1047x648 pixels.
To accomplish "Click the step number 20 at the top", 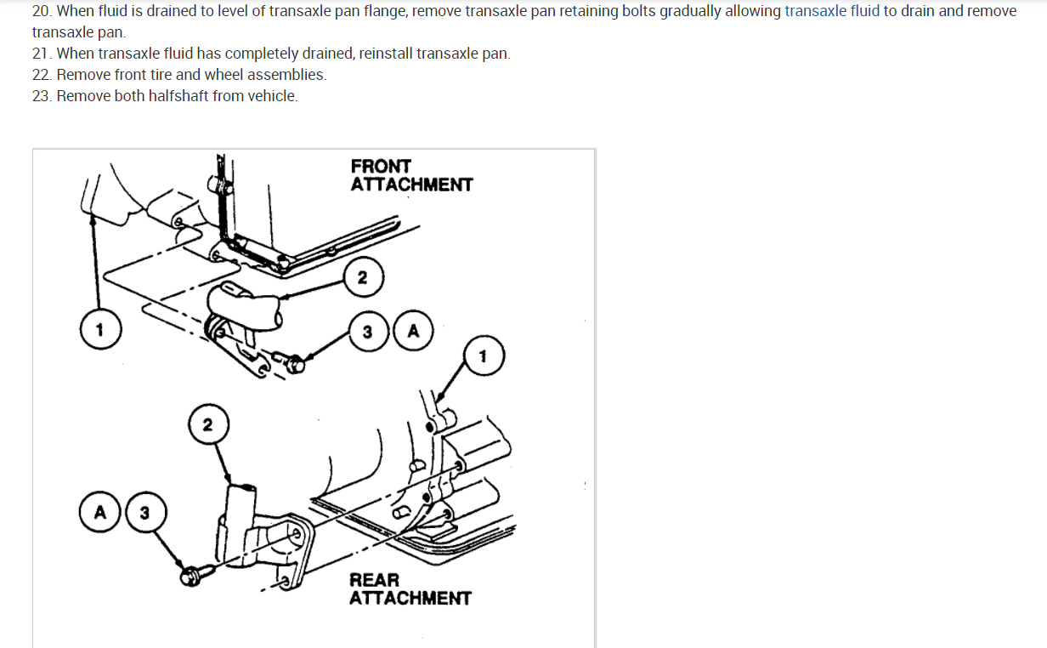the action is coord(41,12).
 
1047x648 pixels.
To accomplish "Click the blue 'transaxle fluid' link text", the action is coord(831,12).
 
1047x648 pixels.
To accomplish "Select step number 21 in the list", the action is coord(41,54).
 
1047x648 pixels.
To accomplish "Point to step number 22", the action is coord(42,75).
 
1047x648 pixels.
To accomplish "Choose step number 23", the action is coord(42,96).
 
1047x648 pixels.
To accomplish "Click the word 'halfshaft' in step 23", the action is coord(178,96).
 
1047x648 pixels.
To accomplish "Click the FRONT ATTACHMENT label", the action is coord(411,175).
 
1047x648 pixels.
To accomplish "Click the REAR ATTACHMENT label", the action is coord(410,588).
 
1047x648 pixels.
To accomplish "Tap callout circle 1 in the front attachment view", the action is coord(99,330).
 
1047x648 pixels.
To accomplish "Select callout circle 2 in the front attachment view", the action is coord(363,277).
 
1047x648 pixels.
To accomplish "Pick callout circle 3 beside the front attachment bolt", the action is coord(367,332).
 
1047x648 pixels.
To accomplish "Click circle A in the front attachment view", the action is coord(413,332).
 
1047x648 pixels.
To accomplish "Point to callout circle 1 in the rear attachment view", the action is coord(484,356).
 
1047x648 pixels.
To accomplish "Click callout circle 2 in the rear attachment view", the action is coord(208,424).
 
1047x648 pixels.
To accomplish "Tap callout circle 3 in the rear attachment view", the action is coord(144,513).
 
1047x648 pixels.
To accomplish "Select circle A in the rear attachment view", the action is coord(100,513).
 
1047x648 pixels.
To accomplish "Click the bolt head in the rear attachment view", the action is coord(189,576).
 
